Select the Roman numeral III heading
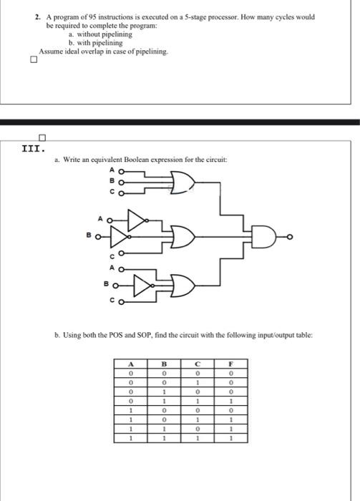point(34,150)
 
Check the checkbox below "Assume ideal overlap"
point(31,60)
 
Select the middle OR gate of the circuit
point(180,237)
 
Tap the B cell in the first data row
point(165,372)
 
